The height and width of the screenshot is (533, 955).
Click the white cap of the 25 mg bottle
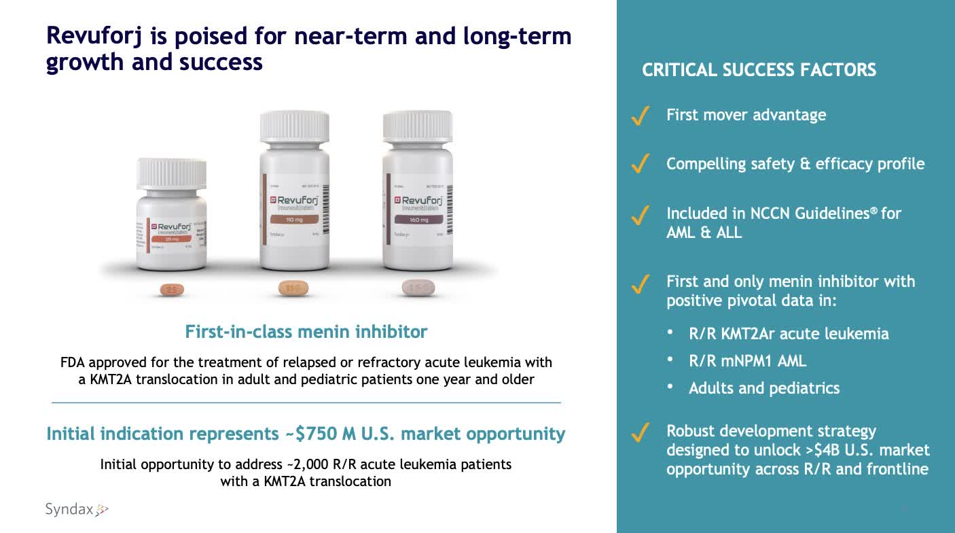pyautogui.click(x=172, y=173)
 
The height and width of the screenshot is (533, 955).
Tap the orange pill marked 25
pyautogui.click(x=172, y=290)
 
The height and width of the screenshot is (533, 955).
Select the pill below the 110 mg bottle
pyautogui.click(x=293, y=289)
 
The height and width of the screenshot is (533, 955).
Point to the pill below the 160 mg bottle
pyautogui.click(x=418, y=288)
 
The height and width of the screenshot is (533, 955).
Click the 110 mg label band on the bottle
pyautogui.click(x=294, y=220)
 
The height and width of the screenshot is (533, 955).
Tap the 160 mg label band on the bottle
pyautogui.click(x=418, y=220)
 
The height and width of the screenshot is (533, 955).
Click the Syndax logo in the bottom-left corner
pyautogui.click(x=76, y=509)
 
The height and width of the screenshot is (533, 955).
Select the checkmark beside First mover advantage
pyautogui.click(x=640, y=116)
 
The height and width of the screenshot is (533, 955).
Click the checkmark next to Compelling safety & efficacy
pyautogui.click(x=640, y=165)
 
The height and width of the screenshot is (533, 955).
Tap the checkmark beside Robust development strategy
pyautogui.click(x=640, y=432)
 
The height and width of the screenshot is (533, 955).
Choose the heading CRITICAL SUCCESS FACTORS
pyautogui.click(x=759, y=70)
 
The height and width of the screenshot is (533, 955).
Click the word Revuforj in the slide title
pyautogui.click(x=94, y=36)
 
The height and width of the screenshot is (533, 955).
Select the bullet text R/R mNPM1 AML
pyautogui.click(x=747, y=361)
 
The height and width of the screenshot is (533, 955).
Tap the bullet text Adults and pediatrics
pyautogui.click(x=763, y=388)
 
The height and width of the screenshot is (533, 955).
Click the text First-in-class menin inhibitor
pyautogui.click(x=306, y=332)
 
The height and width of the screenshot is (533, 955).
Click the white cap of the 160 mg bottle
pyautogui.click(x=418, y=126)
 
